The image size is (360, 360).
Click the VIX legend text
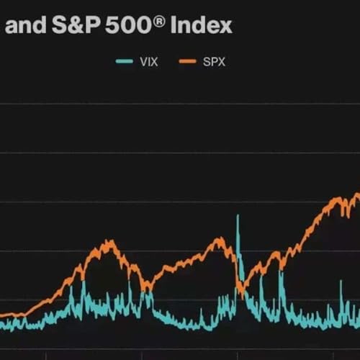pyautogui.click(x=147, y=61)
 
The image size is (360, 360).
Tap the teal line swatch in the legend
pyautogui.click(x=124, y=61)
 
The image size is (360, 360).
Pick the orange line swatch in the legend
pyautogui.click(x=186, y=61)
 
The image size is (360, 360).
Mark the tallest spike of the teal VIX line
pyautogui.click(x=238, y=216)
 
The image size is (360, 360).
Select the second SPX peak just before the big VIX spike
pyautogui.click(x=220, y=239)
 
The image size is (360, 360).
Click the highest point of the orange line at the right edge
pyautogui.click(x=357, y=194)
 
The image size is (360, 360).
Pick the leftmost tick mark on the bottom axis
pyautogui.click(x=45, y=354)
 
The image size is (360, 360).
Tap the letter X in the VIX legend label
pyautogui.click(x=153, y=61)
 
